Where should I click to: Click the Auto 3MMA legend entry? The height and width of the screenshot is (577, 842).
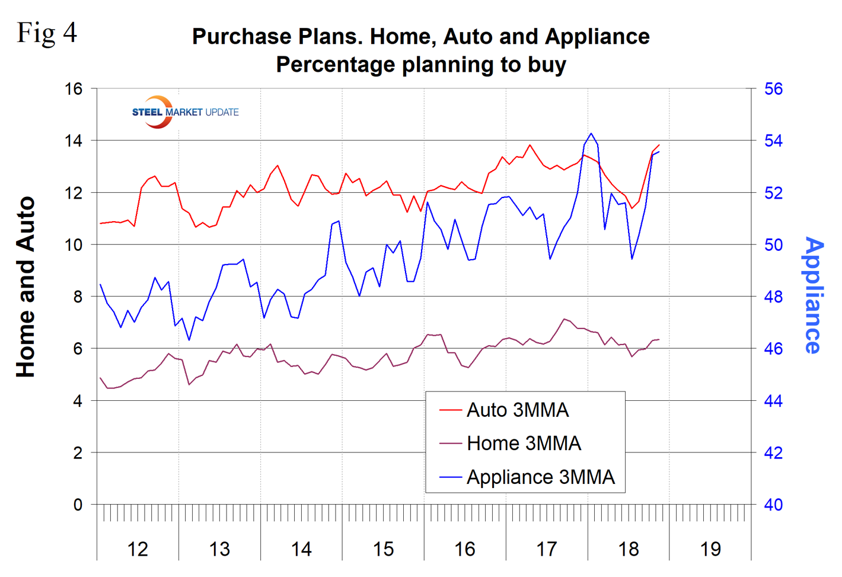[517, 410]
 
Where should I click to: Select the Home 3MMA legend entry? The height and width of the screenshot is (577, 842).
[523, 444]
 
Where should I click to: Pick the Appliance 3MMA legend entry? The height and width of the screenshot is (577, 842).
[540, 477]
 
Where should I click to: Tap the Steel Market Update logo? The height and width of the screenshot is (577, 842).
[184, 112]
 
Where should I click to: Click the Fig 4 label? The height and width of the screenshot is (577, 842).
[47, 33]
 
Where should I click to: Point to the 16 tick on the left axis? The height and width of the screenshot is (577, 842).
[74, 89]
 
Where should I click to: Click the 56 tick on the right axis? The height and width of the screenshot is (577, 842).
[773, 89]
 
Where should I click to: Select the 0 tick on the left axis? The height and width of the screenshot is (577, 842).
[78, 505]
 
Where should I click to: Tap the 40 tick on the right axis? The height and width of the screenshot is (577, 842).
[773, 505]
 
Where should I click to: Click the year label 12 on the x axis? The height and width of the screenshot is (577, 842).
[138, 549]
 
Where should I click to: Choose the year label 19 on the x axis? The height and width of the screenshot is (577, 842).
[710, 549]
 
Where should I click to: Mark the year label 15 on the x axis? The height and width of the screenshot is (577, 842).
[383, 549]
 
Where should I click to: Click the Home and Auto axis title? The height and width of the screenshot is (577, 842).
[26, 288]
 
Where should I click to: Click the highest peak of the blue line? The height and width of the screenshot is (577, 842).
[591, 133]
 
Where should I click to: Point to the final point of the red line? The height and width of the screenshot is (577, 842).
[659, 145]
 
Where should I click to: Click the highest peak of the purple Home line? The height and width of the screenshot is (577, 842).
[564, 319]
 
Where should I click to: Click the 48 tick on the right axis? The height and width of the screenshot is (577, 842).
[773, 297]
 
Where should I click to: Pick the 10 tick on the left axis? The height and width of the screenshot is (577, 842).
[74, 245]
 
